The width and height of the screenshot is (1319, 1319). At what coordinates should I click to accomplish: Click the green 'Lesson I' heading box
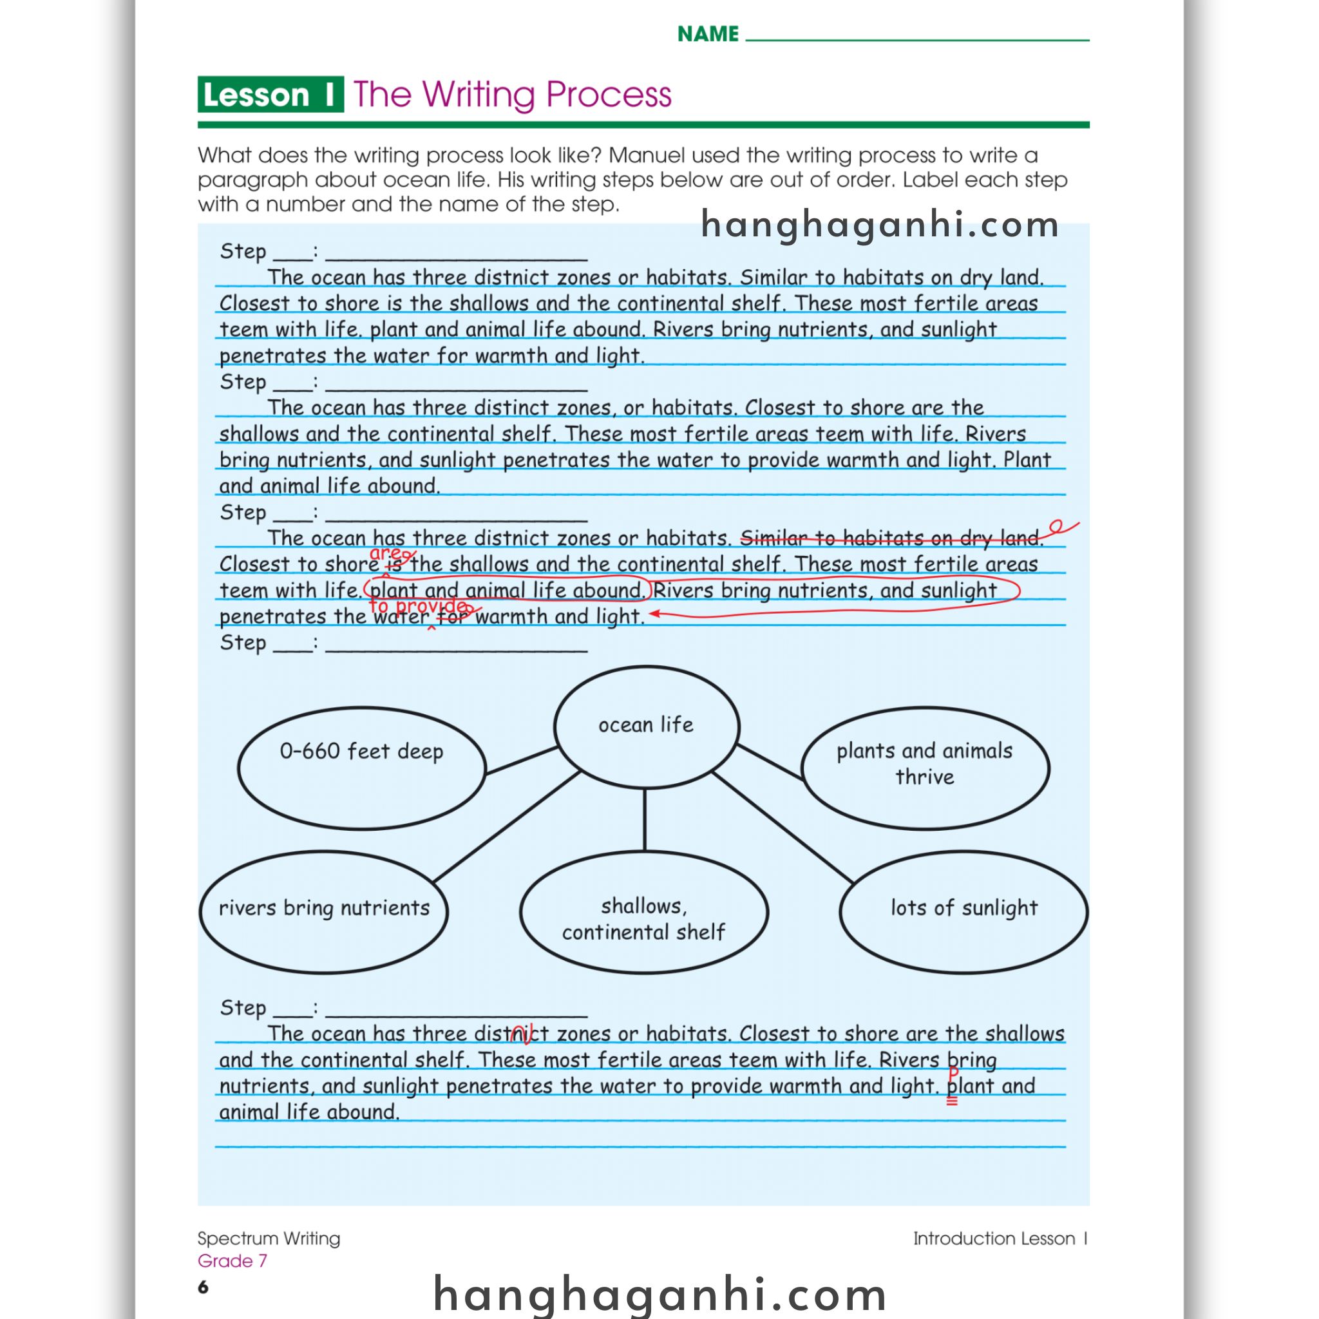tap(270, 94)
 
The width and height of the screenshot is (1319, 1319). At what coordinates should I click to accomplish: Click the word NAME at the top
tap(707, 34)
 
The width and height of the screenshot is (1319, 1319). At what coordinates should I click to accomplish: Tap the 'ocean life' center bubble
tap(646, 725)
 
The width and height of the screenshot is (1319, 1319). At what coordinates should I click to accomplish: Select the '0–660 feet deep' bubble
tap(361, 768)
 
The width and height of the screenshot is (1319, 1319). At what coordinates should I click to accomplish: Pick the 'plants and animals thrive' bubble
tap(924, 768)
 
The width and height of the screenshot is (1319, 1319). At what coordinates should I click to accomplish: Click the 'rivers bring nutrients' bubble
tap(323, 911)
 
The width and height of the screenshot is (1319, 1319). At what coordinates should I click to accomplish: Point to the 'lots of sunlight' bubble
tap(963, 911)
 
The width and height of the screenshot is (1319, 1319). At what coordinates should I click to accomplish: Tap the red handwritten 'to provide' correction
tap(418, 606)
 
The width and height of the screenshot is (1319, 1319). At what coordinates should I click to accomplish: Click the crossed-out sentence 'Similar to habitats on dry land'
tap(891, 538)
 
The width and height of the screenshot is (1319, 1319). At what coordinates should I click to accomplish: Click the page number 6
tap(203, 1287)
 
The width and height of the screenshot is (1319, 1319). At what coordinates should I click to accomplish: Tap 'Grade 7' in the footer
tap(232, 1261)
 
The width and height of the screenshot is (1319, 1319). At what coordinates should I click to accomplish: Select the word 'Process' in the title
tap(608, 94)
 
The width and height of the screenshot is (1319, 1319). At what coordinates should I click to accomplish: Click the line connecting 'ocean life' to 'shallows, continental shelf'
tap(645, 819)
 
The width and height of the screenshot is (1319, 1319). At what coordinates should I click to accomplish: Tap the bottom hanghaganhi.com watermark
tap(659, 1293)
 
